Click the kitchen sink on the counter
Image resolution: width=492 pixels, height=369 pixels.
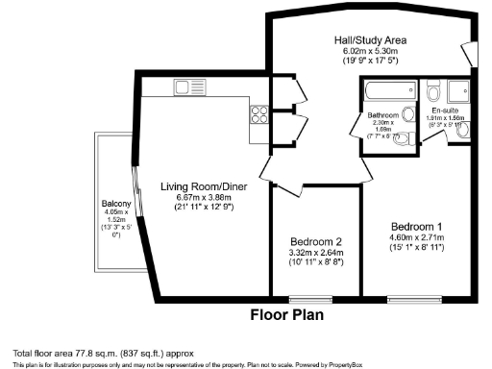coord(184,87)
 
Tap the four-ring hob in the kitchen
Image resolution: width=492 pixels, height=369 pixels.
coord(258,114)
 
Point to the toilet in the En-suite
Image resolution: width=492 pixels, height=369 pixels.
coord(432,93)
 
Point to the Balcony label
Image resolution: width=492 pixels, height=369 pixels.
coord(116,205)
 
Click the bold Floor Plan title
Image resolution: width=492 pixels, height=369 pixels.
coord(286,314)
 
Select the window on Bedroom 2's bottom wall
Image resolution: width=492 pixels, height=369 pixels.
coord(316,301)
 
